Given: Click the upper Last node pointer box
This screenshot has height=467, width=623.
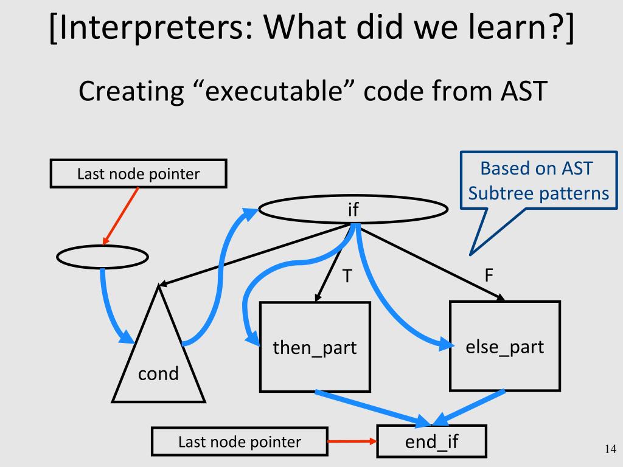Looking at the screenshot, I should pos(138,174).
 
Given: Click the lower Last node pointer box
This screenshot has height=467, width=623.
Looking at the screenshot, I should pos(239,442).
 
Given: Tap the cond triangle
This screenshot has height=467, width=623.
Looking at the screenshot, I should pos(158,365).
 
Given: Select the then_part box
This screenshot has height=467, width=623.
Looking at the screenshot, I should pos(315,347).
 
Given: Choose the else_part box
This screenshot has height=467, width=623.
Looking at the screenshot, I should pos(504,346).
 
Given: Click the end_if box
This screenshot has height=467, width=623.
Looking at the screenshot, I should pos(432,441).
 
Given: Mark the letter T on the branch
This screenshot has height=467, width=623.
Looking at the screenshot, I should pos(347,277).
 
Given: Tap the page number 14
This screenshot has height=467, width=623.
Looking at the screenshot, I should pos(610,449).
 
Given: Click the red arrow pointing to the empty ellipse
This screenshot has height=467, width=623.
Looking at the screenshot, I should pos(120,216).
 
